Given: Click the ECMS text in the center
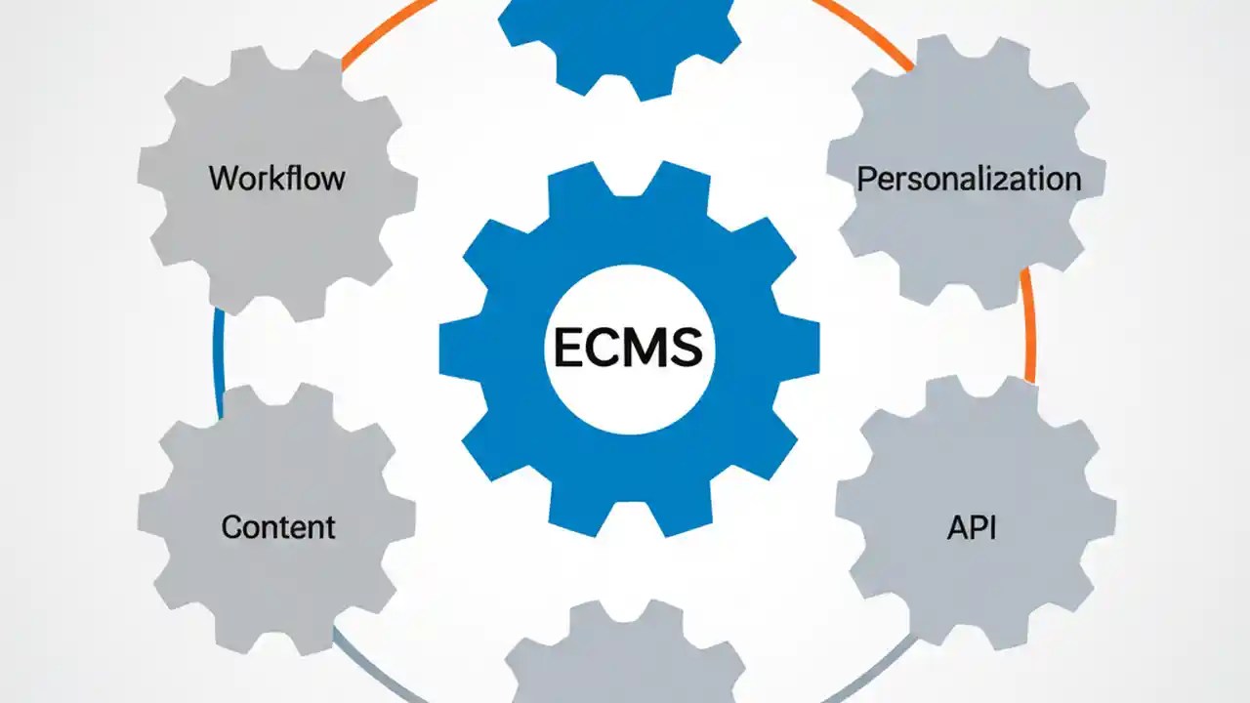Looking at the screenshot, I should click(628, 347).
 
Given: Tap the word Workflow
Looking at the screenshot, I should click(277, 179).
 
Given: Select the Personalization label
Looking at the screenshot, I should click(969, 179).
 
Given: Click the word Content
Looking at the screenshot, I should click(278, 527).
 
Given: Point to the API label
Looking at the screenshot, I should click(972, 527).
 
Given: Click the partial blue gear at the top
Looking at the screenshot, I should click(619, 39).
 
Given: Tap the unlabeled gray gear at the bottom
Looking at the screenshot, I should click(625, 659).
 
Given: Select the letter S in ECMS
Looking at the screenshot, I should click(686, 347).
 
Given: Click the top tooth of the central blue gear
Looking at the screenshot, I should click(629, 186).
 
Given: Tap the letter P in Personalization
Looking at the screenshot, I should click(865, 179).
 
